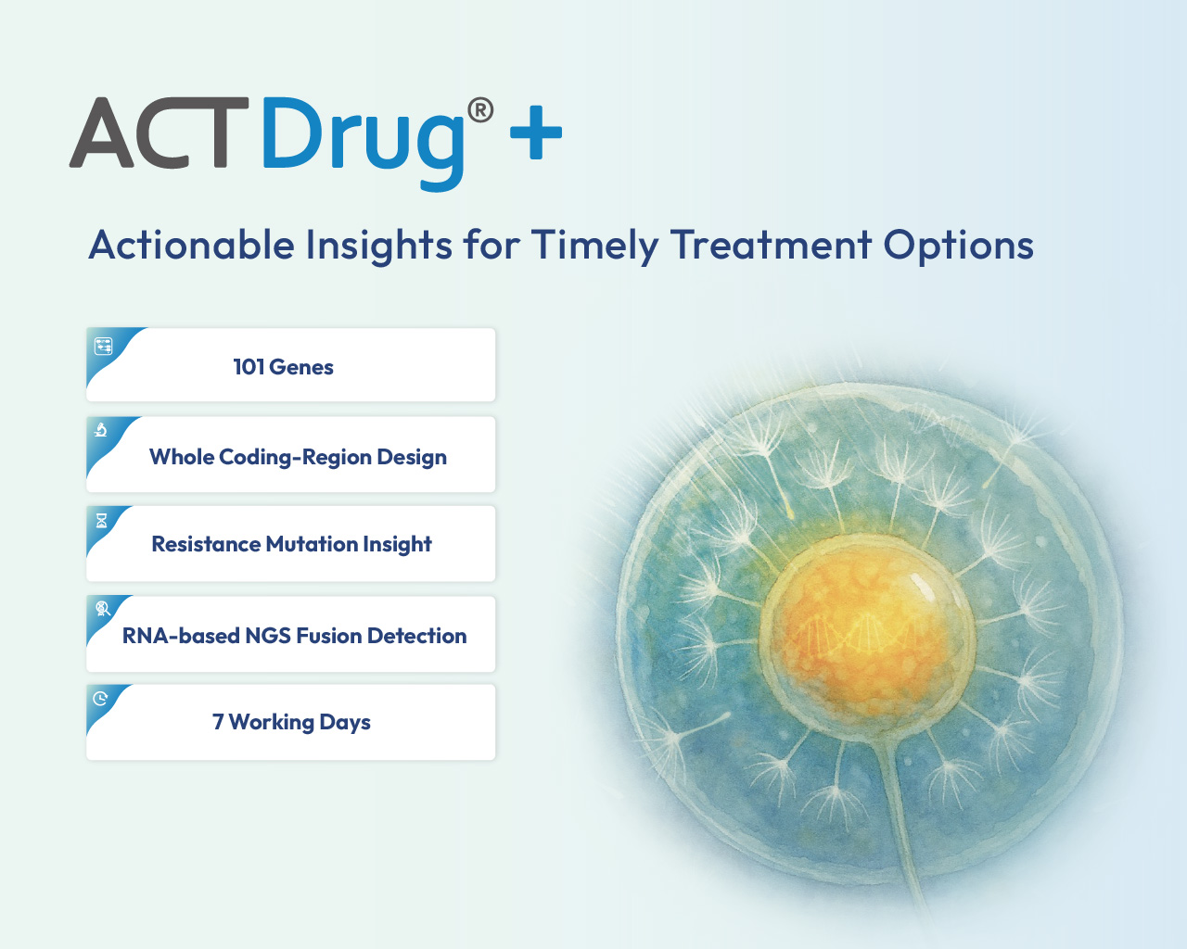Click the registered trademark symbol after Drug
(480, 110)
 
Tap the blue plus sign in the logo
(536, 133)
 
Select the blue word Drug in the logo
(364, 144)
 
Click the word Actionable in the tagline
(191, 245)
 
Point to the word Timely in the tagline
(594, 247)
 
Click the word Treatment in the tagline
(772, 246)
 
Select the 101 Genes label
(284, 367)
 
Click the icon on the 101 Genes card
(104, 347)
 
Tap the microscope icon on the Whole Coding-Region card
(100, 430)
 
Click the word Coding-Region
(295, 458)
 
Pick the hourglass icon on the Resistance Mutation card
(101, 521)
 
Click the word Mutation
(312, 544)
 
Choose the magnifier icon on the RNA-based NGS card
(103, 608)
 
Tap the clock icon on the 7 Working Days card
(100, 698)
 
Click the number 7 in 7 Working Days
(218, 721)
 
